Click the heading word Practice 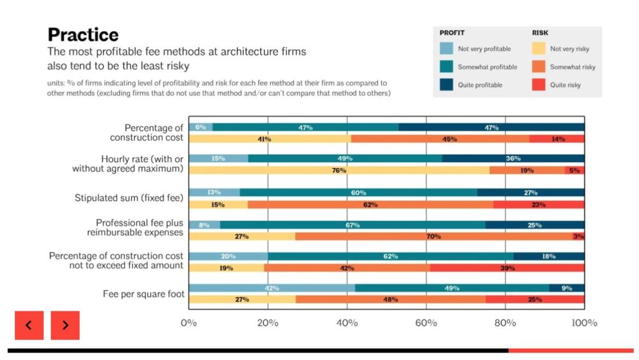pos(83,34)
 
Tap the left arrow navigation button pos(29,325)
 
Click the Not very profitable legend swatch pos(446,49)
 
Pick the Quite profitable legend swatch pos(446,85)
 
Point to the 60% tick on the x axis pos(426,323)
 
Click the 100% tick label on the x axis pos(584,323)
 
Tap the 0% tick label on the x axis pos(188,323)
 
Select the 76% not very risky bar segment pos(339,170)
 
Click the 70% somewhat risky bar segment pos(434,236)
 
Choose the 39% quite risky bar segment pos(507,268)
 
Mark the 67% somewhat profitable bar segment pos(353,225)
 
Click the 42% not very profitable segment pos(271,288)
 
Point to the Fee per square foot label pos(144,293)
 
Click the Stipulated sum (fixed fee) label pos(129,198)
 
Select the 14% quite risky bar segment pos(557,139)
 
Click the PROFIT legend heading pos(452,32)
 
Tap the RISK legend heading pos(540,32)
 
